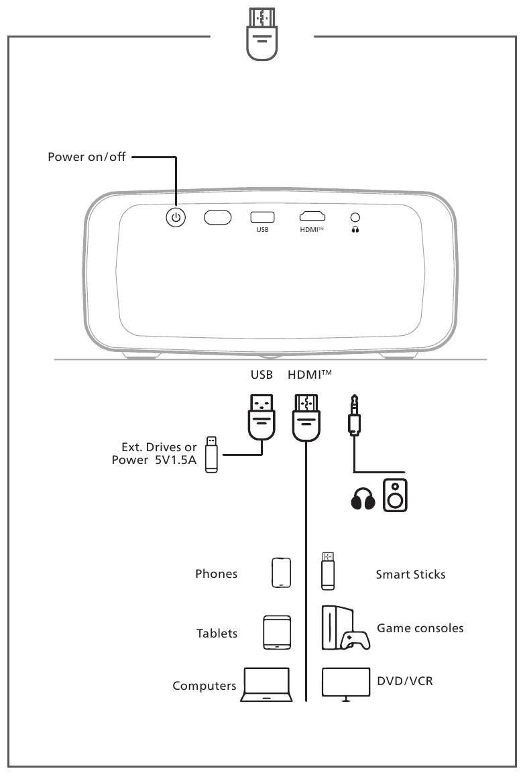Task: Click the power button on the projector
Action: click(176, 217)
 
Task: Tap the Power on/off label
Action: click(86, 156)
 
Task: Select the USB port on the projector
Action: click(262, 217)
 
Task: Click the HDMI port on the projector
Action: click(312, 216)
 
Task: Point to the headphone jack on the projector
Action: click(355, 217)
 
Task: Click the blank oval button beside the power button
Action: click(217, 217)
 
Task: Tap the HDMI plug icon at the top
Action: click(261, 34)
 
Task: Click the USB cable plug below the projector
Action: click(261, 417)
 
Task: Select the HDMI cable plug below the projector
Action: click(306, 417)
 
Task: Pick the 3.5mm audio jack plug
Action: click(354, 415)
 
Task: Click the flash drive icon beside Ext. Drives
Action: click(212, 455)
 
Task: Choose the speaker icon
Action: click(395, 495)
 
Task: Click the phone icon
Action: click(281, 573)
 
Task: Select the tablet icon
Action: click(277, 632)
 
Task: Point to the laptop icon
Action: click(267, 684)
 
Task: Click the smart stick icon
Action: click(328, 571)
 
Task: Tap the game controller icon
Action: click(355, 640)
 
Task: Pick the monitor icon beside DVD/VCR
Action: click(346, 684)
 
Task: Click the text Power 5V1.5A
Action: click(154, 460)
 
